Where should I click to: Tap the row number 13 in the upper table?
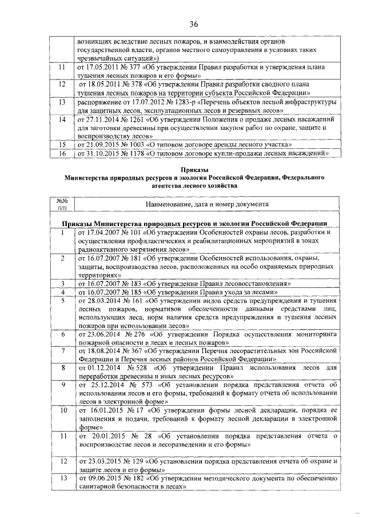click(62, 102)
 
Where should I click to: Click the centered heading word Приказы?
click(194, 169)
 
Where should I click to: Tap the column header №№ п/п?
click(62, 203)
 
